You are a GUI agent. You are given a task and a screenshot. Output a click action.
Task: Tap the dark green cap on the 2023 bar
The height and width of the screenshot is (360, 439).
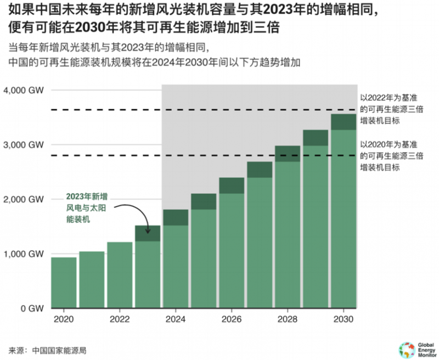tap(147, 233)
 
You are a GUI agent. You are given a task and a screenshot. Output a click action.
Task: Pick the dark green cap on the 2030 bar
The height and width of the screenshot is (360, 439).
tap(344, 122)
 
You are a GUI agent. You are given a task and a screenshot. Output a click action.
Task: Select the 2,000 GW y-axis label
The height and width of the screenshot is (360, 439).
tap(24, 199)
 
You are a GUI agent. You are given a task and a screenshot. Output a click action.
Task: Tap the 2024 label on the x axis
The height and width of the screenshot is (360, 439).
tap(175, 319)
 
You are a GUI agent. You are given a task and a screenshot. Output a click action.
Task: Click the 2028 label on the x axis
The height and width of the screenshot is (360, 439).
tap(288, 319)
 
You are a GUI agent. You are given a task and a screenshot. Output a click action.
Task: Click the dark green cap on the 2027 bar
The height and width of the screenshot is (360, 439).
tap(260, 170)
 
